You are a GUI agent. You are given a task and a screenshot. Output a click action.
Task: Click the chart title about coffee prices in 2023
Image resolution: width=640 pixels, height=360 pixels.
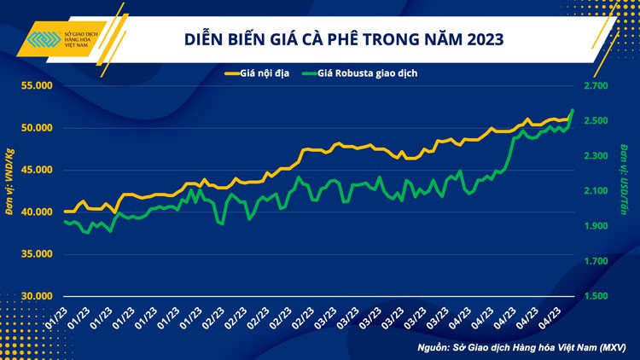coord(344,39)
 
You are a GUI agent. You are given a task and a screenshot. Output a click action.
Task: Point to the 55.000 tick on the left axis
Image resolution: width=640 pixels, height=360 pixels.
coord(36,86)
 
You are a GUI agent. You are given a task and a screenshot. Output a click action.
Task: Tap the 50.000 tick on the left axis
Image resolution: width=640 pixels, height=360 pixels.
coord(36,128)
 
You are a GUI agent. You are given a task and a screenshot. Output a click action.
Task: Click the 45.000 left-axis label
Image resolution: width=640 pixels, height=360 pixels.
coord(36,170)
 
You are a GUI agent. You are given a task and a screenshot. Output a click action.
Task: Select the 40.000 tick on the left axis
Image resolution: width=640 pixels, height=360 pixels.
coord(36,212)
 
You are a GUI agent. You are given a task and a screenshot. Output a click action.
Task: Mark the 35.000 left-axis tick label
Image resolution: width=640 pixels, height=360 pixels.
coord(36,253)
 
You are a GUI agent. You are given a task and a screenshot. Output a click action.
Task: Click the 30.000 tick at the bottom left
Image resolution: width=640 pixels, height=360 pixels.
coord(36,295)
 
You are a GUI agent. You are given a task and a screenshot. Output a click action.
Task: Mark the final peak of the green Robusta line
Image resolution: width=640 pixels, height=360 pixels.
coord(572,110)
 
